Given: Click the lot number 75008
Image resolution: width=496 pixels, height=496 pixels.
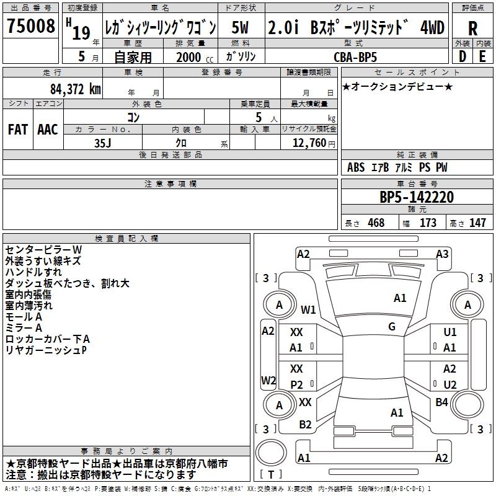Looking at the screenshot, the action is (x=30, y=25).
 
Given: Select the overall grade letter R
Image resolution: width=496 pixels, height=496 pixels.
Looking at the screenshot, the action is (x=472, y=29).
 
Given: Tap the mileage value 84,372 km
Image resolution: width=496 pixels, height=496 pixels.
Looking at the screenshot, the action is (x=75, y=89).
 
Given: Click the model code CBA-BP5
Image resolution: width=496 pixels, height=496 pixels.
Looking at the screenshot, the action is (x=355, y=57).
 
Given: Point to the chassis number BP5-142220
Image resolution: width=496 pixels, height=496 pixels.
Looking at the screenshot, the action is (x=417, y=197).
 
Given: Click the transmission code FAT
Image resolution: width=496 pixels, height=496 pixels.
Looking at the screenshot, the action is (x=18, y=130).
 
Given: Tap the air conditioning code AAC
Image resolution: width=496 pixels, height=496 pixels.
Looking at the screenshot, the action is (x=48, y=130).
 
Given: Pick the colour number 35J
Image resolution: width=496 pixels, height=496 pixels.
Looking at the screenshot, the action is (x=102, y=143).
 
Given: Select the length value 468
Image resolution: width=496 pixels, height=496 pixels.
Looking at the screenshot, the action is (x=376, y=223).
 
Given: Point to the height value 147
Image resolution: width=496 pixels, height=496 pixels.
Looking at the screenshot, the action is (x=477, y=223).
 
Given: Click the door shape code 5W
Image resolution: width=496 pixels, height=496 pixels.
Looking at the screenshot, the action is (x=240, y=27).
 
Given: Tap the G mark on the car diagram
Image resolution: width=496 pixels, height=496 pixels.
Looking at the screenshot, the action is (x=392, y=327).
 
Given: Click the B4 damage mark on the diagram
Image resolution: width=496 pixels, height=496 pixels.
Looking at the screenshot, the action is (x=441, y=402).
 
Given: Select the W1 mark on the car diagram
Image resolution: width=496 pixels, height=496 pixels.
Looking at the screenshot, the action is (x=308, y=309).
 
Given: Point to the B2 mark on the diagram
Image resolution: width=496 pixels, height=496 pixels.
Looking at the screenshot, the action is (x=305, y=425).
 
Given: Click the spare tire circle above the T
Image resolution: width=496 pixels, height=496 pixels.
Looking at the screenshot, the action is (x=271, y=452).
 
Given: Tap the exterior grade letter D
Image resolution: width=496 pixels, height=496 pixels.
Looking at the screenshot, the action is (x=462, y=56).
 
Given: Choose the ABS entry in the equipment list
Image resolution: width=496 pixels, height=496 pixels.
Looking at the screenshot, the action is (x=356, y=167).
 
